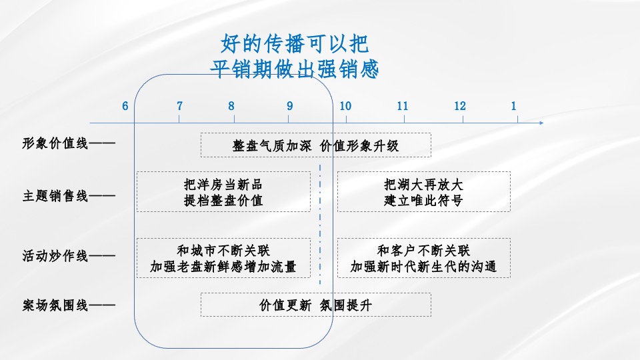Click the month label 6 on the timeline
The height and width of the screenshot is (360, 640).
[125, 106]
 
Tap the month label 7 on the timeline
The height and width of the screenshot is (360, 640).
[179, 106]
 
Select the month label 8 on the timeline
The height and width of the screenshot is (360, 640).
[231, 106]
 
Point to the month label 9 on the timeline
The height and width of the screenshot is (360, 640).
[290, 106]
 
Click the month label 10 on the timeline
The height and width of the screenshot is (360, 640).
[345, 106]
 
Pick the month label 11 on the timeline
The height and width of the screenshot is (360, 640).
[403, 106]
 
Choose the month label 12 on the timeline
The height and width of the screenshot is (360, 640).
[461, 106]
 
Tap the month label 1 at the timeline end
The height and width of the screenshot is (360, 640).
[514, 106]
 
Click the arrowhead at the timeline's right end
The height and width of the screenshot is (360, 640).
[541, 123]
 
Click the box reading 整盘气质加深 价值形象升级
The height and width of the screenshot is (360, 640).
[315, 145]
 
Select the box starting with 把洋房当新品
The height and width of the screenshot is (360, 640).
[223, 192]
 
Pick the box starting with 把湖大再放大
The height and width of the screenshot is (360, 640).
[423, 192]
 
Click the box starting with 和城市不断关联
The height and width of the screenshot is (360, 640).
[223, 259]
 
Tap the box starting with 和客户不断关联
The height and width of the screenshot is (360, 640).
[423, 259]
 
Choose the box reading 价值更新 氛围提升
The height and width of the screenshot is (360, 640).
[315, 305]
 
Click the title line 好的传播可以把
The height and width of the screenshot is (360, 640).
[294, 44]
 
